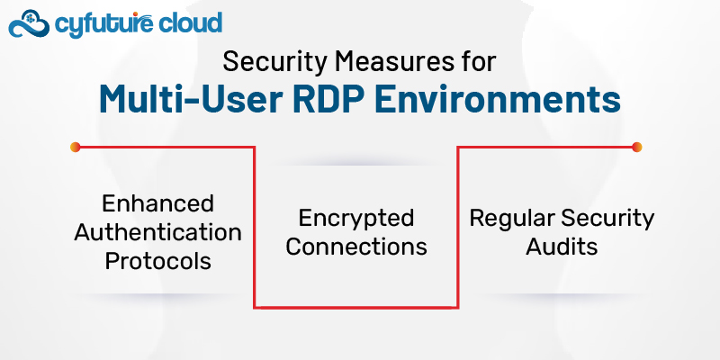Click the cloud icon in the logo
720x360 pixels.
coord(27,23)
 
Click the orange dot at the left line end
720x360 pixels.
coord(76,147)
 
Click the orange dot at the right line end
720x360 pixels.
coord(637,147)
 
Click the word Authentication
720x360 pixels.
coord(157,232)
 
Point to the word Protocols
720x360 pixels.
coord(157,261)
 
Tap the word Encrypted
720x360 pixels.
coord(356,218)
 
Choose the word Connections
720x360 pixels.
coord(356,246)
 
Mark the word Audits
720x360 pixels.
coord(562,246)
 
